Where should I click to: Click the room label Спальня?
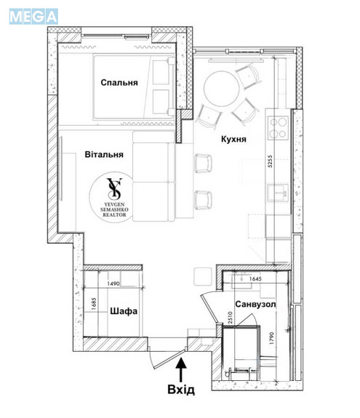119,83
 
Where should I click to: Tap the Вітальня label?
104,154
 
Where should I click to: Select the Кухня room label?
233,139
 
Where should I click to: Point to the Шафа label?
124,311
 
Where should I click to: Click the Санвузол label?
255,304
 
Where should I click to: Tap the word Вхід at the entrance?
181,390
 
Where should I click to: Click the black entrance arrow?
181,369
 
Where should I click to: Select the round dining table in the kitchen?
222,89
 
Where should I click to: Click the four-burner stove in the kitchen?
279,128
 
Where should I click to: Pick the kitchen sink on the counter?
278,193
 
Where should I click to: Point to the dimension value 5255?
270,161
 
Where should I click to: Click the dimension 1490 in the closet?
113,284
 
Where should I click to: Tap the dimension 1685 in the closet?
93,304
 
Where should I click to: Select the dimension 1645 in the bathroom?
255,279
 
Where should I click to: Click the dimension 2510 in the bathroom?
230,318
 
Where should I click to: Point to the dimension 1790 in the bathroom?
271,339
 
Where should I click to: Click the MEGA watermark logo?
33,17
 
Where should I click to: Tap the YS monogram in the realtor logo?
114,189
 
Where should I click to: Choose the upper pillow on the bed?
161,72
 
